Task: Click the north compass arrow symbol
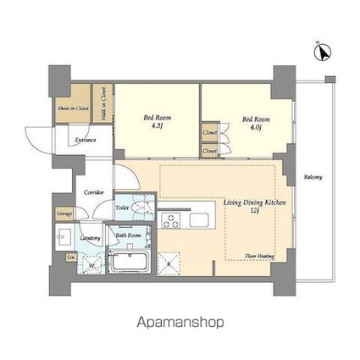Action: click(321, 53)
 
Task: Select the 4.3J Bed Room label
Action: click(158, 122)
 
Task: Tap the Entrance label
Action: click(85, 140)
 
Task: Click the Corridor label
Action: click(94, 192)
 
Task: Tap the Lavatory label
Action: click(91, 238)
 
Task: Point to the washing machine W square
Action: click(91, 264)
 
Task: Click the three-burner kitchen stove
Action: click(170, 222)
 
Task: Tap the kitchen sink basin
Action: click(200, 221)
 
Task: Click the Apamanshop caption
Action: click(180, 323)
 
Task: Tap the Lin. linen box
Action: click(70, 256)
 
